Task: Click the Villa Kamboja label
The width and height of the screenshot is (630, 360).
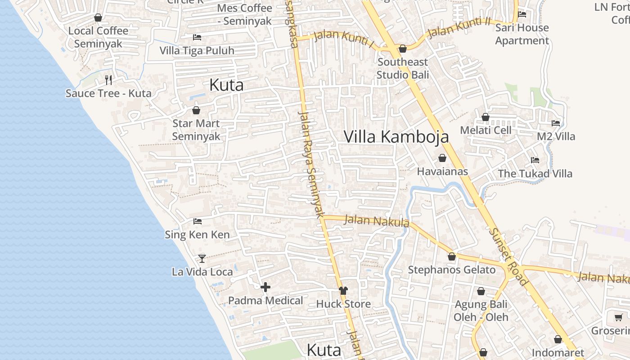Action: (x=396, y=137)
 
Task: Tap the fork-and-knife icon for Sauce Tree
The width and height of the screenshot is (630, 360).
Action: (x=108, y=80)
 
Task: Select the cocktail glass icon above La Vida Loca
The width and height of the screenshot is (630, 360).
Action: (x=202, y=258)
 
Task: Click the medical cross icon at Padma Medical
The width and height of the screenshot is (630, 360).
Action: (x=265, y=287)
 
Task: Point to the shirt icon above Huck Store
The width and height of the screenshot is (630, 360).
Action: (x=343, y=291)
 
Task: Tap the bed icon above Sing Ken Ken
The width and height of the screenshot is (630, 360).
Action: (x=197, y=221)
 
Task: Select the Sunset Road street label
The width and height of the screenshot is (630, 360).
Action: (x=508, y=256)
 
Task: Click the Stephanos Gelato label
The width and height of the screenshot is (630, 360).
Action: (x=451, y=270)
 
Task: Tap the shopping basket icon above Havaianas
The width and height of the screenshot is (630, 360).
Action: (x=442, y=158)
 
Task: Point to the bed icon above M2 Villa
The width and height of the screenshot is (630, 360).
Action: (x=556, y=123)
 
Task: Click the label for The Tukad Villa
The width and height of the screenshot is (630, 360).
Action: (x=535, y=174)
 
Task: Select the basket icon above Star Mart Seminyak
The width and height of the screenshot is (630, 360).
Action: (x=196, y=110)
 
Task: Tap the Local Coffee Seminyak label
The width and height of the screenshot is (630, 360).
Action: (x=98, y=37)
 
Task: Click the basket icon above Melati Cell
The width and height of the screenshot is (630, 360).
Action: (x=486, y=117)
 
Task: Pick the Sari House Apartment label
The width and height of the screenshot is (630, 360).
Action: (x=522, y=34)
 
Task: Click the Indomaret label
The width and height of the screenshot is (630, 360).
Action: (x=558, y=353)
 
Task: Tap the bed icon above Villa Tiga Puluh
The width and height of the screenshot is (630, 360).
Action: (x=197, y=37)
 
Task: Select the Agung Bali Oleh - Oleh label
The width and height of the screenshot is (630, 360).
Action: (x=481, y=310)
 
